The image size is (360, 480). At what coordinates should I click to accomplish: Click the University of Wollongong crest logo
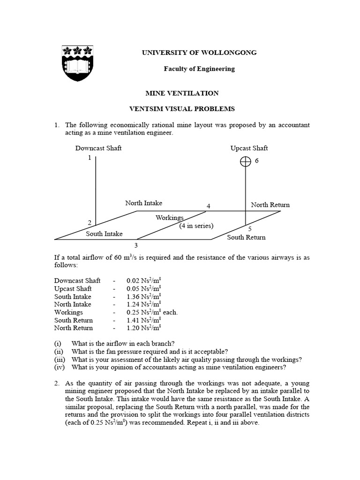(77, 63)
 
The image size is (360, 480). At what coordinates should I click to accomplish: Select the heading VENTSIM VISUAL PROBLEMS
(182, 109)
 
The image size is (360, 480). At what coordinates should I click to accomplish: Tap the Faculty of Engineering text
(199, 68)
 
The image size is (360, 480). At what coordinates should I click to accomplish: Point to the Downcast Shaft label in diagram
(98, 148)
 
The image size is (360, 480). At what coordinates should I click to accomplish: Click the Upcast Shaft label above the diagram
(249, 148)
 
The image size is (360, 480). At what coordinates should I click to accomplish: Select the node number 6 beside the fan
(256, 161)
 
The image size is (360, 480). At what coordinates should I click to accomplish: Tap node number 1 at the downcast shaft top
(89, 158)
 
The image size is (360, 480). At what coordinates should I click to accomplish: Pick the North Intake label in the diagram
(143, 203)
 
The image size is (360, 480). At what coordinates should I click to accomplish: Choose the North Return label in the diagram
(270, 205)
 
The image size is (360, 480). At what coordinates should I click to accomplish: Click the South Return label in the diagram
(246, 237)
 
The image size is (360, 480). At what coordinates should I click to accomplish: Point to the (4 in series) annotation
(196, 226)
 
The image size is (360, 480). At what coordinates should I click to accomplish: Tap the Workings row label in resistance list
(68, 312)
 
